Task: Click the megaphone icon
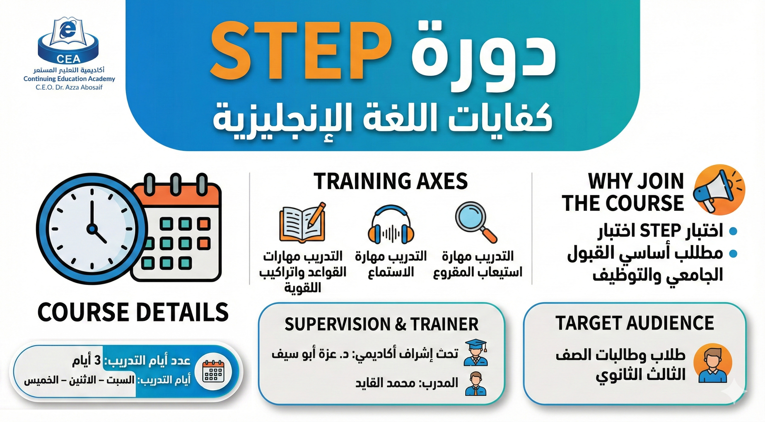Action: coord(719,189)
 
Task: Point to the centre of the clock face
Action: coord(92,229)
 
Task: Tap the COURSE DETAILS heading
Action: coord(133,312)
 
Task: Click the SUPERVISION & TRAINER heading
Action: coord(381,324)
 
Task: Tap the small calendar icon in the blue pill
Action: coord(212,371)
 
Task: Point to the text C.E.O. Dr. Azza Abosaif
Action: coord(69,87)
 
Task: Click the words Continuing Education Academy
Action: coord(69,79)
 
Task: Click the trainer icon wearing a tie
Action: coord(476,383)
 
